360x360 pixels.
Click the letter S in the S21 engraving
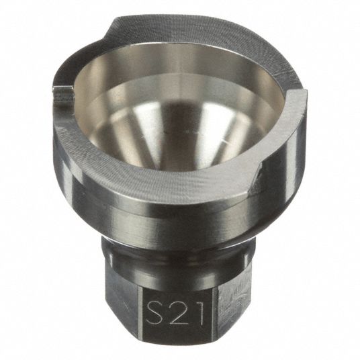(x=156, y=310)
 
